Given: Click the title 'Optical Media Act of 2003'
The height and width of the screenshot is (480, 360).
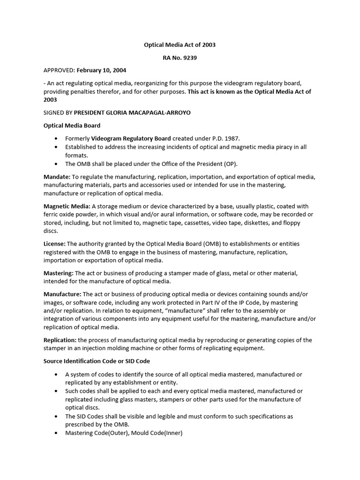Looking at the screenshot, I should [180, 45].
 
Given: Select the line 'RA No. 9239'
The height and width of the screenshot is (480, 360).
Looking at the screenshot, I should [180, 58].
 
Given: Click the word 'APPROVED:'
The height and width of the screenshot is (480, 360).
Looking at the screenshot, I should [59, 70].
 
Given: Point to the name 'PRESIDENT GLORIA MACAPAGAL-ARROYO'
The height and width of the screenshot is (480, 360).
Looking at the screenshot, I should [133, 113].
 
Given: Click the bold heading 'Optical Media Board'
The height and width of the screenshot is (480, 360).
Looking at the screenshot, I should [72, 126].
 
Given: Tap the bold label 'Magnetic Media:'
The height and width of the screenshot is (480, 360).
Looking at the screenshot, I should [67, 206].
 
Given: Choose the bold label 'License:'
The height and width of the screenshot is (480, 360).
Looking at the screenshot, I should [55, 244].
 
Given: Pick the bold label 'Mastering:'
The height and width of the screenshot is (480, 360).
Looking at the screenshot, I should [59, 273].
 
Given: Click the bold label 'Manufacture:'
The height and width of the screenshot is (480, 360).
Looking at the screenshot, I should [63, 294].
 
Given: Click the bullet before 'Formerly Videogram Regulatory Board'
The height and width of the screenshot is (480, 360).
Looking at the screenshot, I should [57, 139].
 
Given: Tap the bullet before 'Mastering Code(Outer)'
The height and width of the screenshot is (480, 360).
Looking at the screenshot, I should [57, 433].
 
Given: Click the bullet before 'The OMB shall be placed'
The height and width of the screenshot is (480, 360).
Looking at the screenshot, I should [57, 164].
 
